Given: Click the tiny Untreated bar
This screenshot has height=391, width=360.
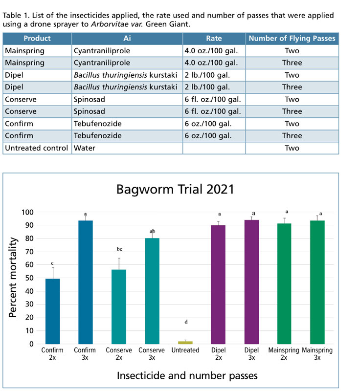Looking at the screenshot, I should [185, 343].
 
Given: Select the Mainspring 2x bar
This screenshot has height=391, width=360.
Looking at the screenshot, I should [284, 284].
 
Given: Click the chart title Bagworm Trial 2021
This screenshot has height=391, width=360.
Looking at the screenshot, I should [176, 189].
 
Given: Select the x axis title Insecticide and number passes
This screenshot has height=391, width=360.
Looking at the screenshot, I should [187, 375].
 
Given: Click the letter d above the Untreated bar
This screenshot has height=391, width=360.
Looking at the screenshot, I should [185, 322].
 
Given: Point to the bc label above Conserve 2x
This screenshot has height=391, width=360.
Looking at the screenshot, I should [119, 249].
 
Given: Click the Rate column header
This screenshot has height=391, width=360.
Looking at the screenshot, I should [214, 39].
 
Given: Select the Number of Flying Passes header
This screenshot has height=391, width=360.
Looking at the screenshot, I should [292, 39].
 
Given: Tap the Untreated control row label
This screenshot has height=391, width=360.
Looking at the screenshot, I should [37, 148].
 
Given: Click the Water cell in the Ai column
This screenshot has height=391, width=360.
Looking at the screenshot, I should [83, 148].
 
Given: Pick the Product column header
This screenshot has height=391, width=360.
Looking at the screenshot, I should [37, 39].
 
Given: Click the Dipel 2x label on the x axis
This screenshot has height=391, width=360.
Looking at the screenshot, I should [218, 354].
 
